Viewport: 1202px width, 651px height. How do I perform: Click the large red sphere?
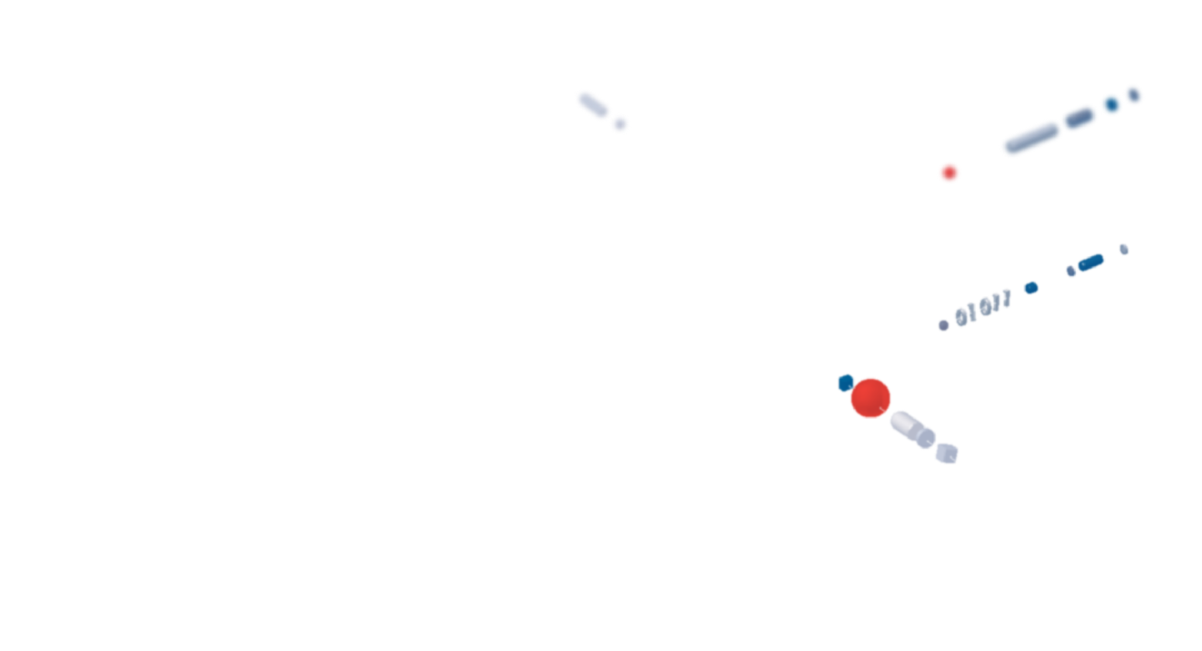(x=870, y=397)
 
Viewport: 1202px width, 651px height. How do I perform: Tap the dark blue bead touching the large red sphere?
(x=845, y=382)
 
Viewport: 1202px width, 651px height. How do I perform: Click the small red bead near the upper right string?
(x=949, y=172)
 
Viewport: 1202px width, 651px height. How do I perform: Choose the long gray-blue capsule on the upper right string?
(x=1029, y=138)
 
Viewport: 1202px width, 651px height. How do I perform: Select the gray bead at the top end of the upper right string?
(x=1133, y=95)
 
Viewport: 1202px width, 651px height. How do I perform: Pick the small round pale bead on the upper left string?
(x=619, y=124)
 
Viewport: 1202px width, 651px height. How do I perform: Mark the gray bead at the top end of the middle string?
(x=1125, y=249)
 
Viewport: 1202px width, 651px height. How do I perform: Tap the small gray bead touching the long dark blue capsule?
(x=1072, y=271)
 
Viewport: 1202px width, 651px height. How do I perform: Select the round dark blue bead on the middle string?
(x=1032, y=287)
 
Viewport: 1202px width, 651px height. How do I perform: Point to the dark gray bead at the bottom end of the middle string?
(x=944, y=325)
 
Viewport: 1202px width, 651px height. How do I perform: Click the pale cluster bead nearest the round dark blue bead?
(x=1003, y=299)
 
